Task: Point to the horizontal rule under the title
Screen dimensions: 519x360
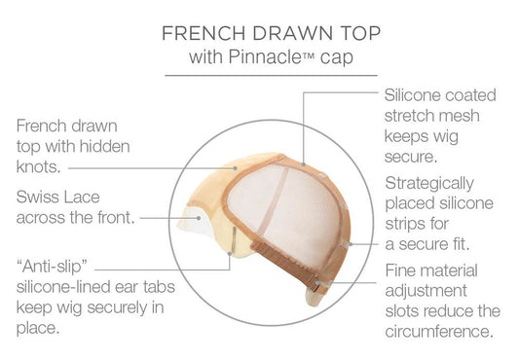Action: (271, 76)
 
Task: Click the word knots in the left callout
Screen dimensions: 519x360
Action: (39, 166)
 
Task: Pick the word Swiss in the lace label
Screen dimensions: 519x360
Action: (37, 197)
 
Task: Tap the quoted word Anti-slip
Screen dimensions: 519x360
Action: (52, 266)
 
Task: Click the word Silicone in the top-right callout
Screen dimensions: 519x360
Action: (412, 95)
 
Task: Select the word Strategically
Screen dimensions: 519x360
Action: (429, 184)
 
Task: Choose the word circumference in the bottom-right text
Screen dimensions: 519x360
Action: (439, 331)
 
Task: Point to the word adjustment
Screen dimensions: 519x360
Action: (426, 291)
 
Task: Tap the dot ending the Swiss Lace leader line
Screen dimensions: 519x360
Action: (199, 218)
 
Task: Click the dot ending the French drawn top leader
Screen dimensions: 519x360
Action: (236, 168)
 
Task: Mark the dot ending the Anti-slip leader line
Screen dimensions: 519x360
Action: (230, 253)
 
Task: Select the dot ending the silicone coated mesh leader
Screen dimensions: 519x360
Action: (304, 163)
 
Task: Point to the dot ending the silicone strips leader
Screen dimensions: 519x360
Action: (351, 244)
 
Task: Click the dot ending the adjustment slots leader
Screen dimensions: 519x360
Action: (318, 283)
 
